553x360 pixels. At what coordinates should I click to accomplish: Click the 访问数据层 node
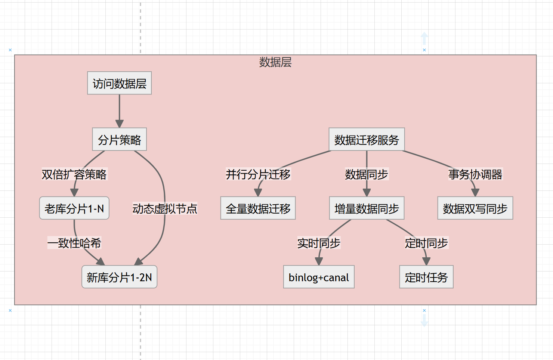119,83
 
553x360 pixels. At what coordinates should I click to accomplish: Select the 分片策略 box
119,140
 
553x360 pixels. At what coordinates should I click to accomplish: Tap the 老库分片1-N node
74,208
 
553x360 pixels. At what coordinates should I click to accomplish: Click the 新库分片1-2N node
119,277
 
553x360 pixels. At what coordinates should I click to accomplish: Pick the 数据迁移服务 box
367,140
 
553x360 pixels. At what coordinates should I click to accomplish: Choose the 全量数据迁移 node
258,208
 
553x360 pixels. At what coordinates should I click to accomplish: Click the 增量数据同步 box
367,208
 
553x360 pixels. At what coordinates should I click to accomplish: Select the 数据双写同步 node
475,208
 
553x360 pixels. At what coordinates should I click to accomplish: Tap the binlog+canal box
319,277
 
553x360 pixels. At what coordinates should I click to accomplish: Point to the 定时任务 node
426,277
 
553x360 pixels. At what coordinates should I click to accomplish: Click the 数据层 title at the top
275,62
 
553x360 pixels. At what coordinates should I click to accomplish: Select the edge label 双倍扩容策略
74,174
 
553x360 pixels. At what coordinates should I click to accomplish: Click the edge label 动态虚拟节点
164,208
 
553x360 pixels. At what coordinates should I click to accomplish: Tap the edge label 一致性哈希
74,243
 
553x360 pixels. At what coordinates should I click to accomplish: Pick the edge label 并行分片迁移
258,174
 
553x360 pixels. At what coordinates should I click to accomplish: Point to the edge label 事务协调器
475,174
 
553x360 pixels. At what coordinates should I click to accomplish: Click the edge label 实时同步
319,243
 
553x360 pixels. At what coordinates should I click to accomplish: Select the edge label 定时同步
426,243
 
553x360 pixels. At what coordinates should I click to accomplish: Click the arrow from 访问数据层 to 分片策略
119,110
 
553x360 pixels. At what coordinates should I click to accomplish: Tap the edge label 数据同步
367,174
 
